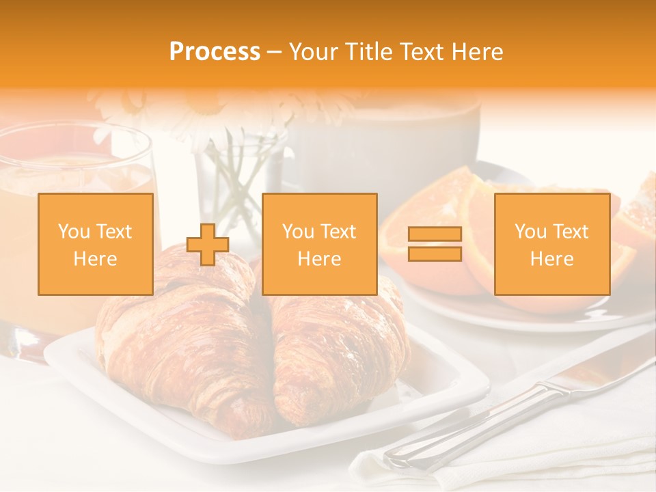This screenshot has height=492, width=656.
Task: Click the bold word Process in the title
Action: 215,52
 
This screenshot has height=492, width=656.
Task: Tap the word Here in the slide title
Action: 477,52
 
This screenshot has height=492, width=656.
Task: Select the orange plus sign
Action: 208,245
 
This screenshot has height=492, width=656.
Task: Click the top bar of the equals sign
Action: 435,234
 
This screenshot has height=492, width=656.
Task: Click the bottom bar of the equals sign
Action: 435,254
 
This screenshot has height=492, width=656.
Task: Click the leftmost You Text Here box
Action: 95,244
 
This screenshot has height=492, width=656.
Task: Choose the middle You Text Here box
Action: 319,244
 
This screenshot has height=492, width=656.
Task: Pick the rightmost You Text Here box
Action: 551,244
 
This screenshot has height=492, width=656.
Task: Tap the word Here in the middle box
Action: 319,259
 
